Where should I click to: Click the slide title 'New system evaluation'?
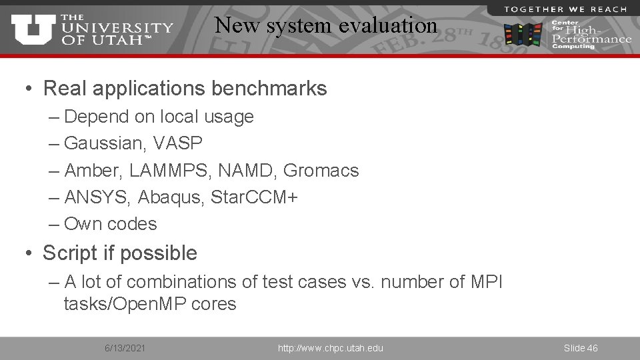click(326, 25)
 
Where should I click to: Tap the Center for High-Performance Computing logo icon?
click(523, 33)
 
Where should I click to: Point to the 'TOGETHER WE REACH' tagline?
click(565, 9)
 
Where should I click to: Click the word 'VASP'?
click(177, 143)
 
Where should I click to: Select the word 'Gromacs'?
click(321, 171)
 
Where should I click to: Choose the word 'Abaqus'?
click(169, 197)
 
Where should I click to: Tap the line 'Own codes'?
click(111, 224)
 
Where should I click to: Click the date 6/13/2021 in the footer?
click(126, 348)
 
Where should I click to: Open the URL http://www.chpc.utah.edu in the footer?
click(331, 348)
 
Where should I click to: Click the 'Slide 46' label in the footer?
click(581, 348)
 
